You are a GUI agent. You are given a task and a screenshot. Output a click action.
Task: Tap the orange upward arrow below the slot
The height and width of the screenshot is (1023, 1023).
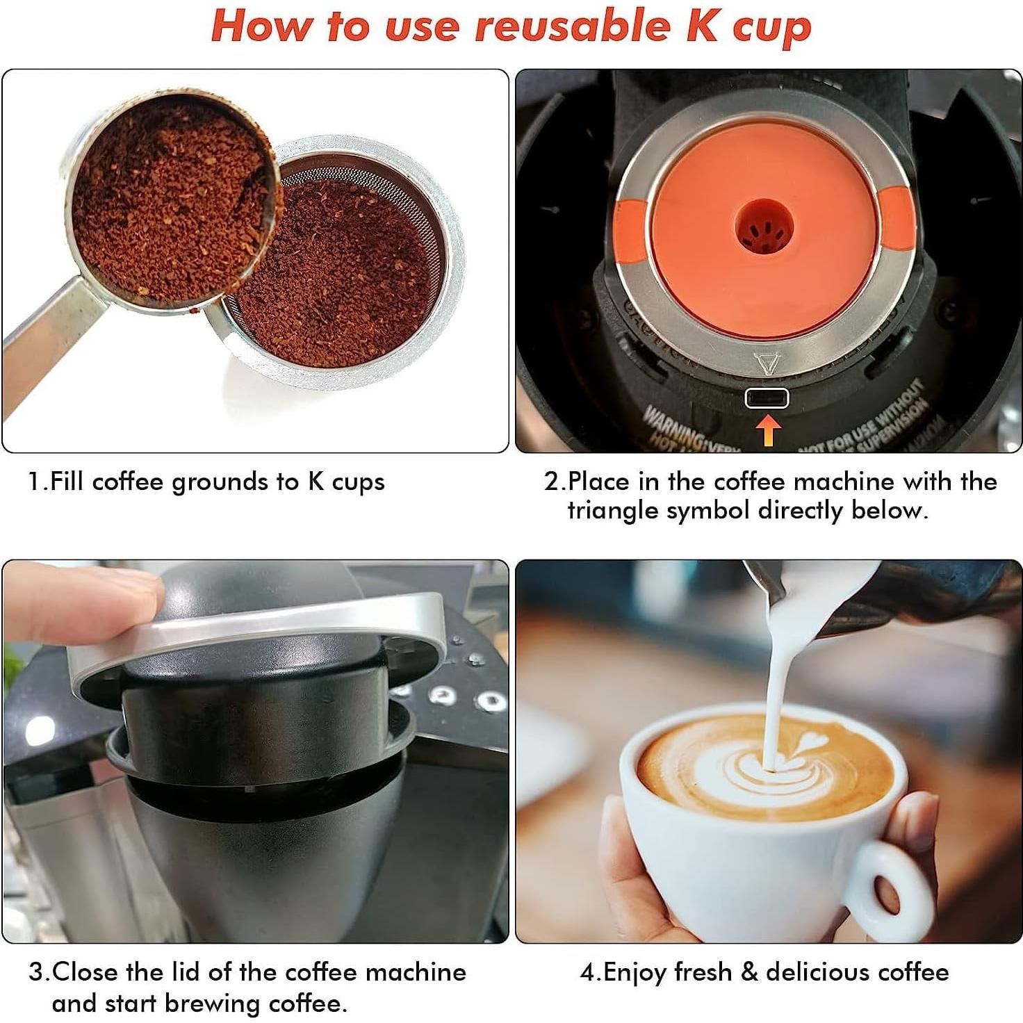tap(767, 430)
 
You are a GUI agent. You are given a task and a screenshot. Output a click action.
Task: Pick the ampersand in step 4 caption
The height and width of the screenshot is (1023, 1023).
tap(749, 972)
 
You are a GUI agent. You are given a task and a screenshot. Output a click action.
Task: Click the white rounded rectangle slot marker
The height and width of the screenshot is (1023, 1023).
tap(767, 398)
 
